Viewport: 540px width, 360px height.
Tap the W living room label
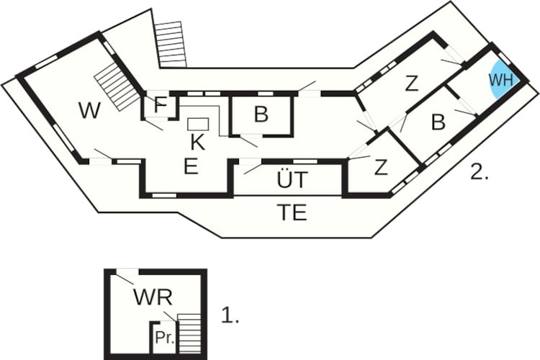coord(89,111)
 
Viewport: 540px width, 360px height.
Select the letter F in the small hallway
coord(160,105)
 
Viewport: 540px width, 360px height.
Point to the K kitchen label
coord(198,143)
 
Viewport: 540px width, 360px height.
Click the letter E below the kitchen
coord(191,167)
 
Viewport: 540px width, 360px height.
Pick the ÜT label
coord(292,179)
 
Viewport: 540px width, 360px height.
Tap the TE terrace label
coord(292,212)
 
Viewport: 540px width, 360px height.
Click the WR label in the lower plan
coord(153,297)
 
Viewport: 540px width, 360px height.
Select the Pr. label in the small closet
coord(165,338)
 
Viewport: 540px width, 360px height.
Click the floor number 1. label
coord(230,315)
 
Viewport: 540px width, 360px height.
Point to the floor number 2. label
coord(479,172)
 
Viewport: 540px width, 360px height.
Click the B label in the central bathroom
coord(261,114)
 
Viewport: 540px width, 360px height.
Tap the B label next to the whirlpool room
coord(438,122)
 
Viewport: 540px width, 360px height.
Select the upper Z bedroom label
coord(411,84)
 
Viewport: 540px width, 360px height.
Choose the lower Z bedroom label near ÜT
coord(381,168)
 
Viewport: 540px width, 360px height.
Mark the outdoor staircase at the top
coord(171,45)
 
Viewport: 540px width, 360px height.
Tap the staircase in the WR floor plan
coord(189,333)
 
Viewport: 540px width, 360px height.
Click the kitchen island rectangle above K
coord(198,124)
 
